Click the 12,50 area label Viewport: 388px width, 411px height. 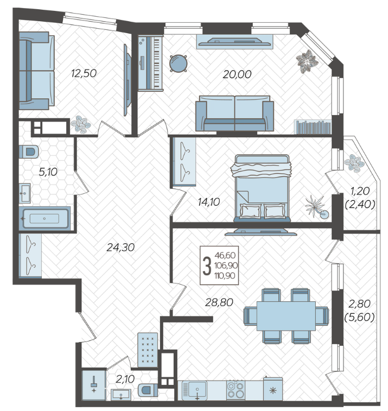pos(84,73)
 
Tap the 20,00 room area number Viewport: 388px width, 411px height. pos(237,74)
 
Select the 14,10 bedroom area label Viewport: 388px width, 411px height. pos(209,202)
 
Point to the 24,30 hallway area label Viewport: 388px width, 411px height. pos(120,247)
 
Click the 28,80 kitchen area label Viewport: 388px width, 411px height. pos(219,302)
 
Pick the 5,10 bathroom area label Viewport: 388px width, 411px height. pos(48,172)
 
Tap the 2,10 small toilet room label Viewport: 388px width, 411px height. pos(125,379)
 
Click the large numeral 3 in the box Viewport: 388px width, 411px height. pos(207,265)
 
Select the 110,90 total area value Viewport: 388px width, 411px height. pos(225,276)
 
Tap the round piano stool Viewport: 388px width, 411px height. pos(179,63)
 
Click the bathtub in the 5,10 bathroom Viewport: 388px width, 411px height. pos(44,219)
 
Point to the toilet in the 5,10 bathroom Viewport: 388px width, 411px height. pos(29,152)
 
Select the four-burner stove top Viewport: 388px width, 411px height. pos(236,390)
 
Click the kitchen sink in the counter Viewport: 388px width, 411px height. pos(198,389)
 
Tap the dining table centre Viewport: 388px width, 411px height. pos(286,316)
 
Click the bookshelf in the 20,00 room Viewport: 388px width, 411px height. pos(313,127)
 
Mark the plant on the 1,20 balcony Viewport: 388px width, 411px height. pos(354,163)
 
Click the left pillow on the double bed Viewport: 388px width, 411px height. pos(251,211)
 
